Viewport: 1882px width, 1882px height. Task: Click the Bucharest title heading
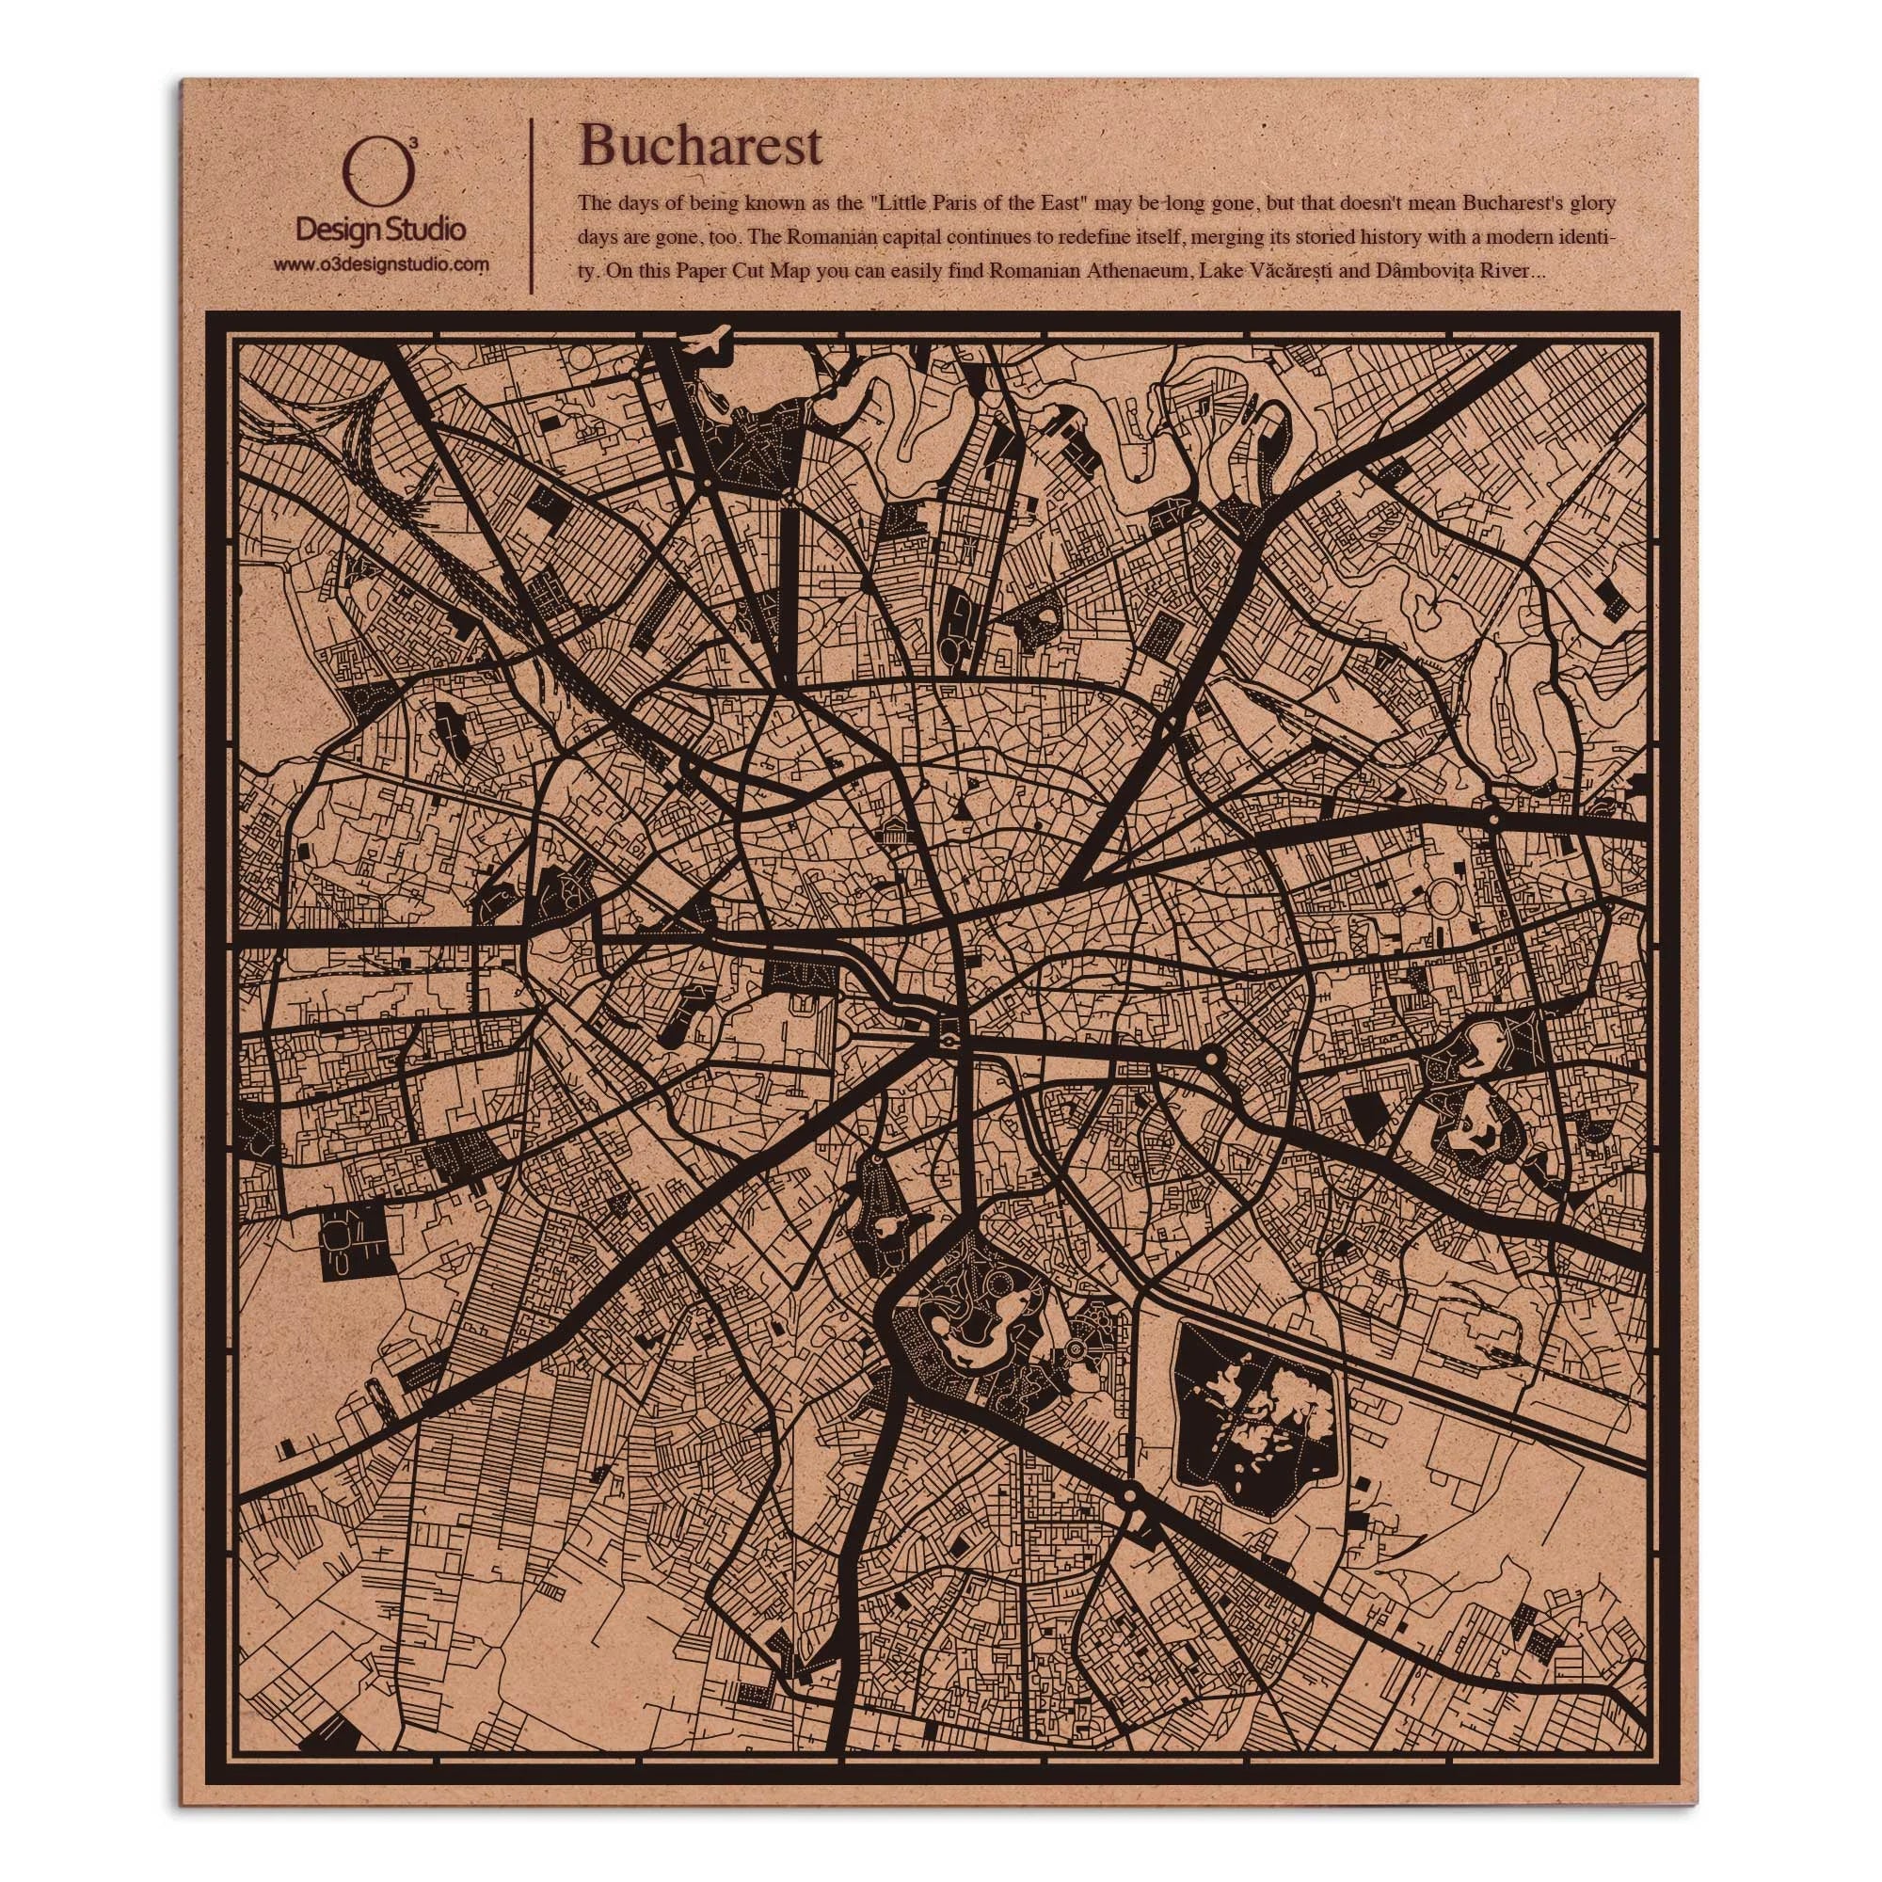click(x=700, y=147)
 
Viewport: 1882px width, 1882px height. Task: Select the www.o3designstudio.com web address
click(x=380, y=264)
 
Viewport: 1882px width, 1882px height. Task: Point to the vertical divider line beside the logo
click(x=531, y=204)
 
